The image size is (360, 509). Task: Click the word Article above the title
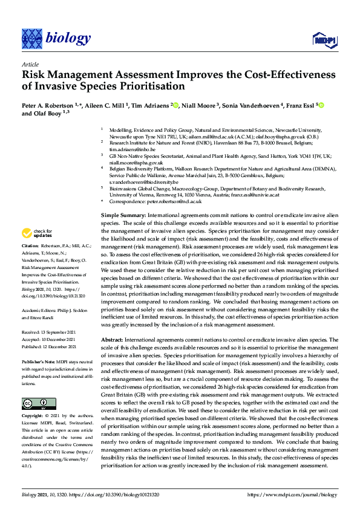tap(30, 64)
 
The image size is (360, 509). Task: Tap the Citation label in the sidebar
tap(30, 247)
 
